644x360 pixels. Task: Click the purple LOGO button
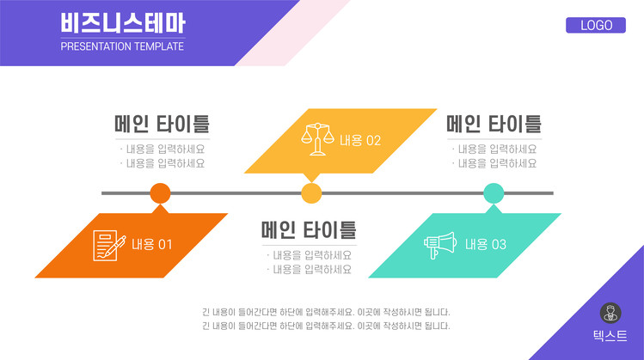596,25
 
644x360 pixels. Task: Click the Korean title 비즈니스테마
123,23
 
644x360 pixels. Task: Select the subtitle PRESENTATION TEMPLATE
122,46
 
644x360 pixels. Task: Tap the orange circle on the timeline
160,193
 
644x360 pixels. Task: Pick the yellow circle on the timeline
311,193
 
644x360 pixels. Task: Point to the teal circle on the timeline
494,193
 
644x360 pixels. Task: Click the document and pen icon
109,246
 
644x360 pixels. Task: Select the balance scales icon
317,139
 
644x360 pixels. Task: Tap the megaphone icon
440,245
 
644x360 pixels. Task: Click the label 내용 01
151,245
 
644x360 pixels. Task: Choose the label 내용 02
360,141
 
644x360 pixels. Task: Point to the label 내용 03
486,245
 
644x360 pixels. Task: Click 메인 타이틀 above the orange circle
163,124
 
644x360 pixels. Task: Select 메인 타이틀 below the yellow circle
309,230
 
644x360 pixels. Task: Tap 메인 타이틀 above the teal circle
494,124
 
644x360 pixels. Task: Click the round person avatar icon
610,314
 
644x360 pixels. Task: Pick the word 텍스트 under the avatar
610,336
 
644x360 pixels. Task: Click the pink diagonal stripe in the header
293,33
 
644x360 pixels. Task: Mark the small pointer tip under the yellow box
311,182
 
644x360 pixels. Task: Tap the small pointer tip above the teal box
494,204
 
